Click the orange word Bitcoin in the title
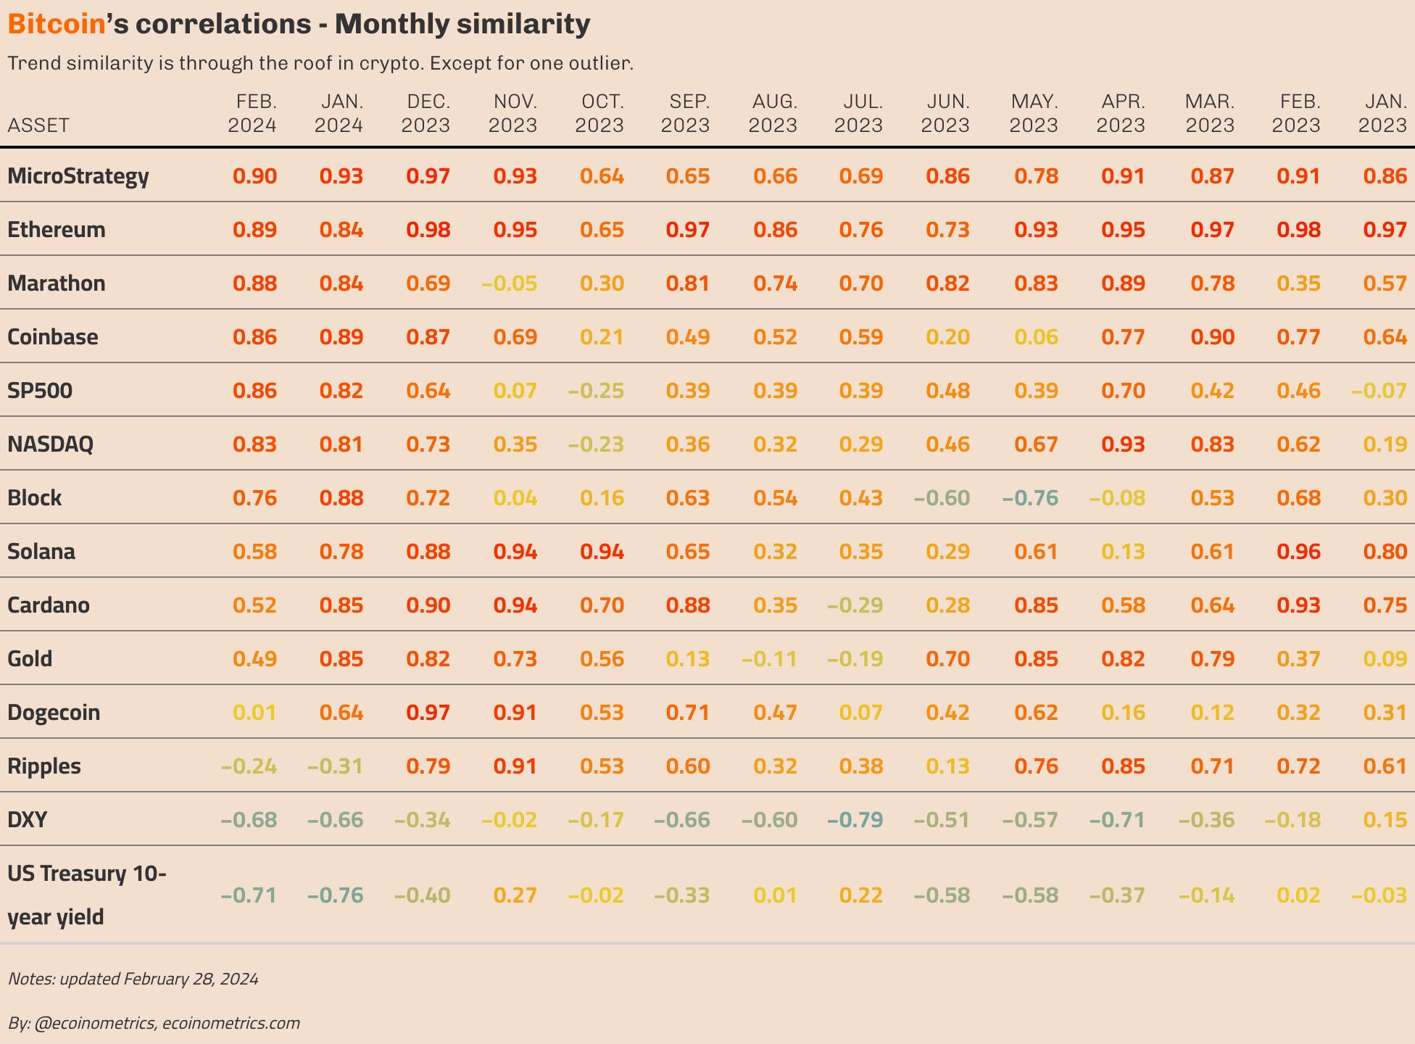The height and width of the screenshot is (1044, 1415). pos(57,25)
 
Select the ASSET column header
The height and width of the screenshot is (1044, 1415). pos(38,125)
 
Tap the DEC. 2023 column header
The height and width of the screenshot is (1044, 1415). pos(426,113)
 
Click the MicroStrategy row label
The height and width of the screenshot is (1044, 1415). pos(78,176)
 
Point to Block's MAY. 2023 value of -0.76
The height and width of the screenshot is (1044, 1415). pos(1030,498)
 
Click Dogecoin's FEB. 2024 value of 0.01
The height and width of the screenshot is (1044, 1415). pos(254,713)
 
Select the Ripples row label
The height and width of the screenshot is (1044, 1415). pos(44,766)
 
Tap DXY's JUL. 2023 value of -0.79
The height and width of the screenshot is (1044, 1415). pos(855,820)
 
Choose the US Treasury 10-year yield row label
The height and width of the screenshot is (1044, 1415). pos(86,895)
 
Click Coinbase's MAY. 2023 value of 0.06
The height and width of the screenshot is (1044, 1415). pos(1036,337)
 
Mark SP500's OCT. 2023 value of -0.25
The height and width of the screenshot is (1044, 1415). pos(596,391)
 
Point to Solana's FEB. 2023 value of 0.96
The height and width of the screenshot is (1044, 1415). pos(1298,552)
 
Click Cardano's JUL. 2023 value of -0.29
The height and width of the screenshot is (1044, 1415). pos(855,605)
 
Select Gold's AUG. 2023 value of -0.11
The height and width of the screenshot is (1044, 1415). pos(769,659)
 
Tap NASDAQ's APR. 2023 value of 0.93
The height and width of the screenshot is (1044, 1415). pos(1123,444)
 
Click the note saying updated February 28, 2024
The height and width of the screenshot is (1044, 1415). pos(133,979)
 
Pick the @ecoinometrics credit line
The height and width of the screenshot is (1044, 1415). pos(154,1023)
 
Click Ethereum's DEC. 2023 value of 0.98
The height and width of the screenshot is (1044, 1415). pos(428,230)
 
